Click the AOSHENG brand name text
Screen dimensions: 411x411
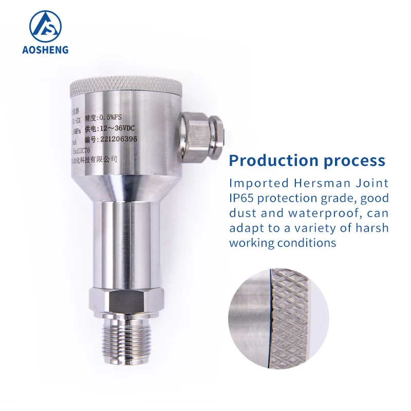[x=45, y=50]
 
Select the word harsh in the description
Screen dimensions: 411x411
[x=373, y=228]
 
